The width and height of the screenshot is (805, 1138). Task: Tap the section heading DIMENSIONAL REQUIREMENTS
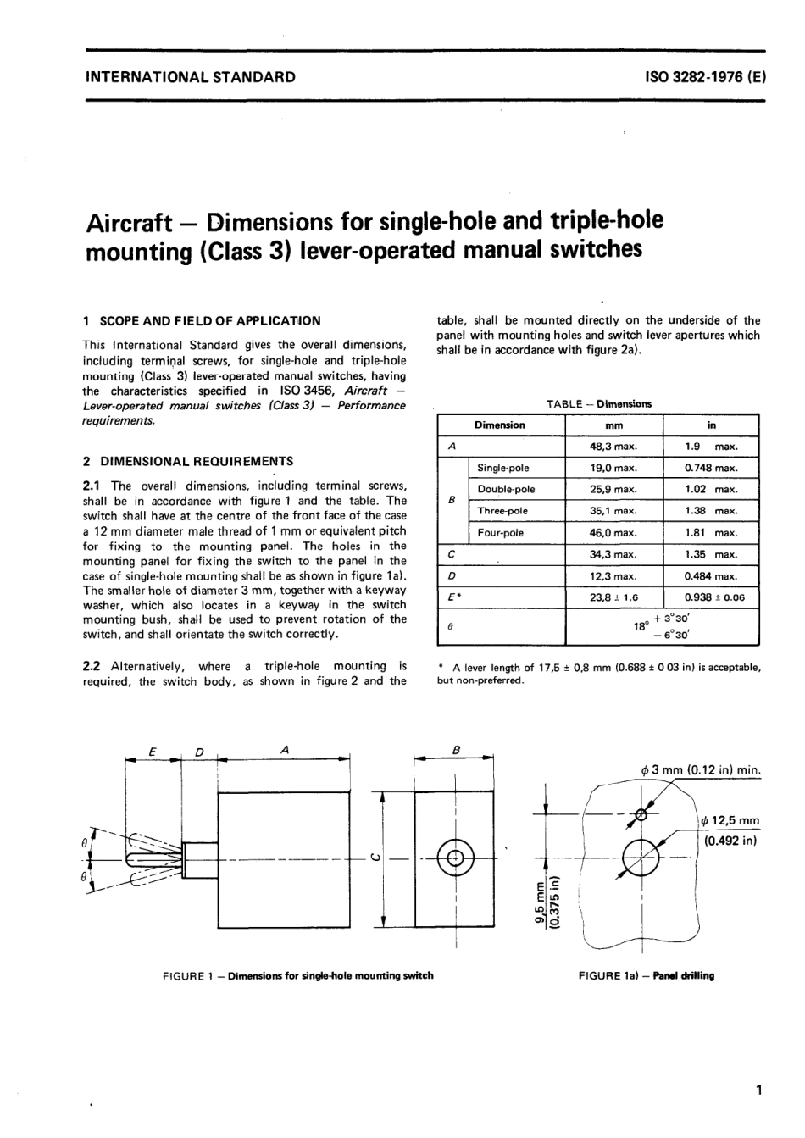(x=197, y=462)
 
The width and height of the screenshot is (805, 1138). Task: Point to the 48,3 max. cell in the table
(x=613, y=446)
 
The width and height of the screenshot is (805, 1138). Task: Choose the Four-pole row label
(x=501, y=533)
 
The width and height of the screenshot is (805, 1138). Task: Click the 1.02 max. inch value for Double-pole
(x=711, y=489)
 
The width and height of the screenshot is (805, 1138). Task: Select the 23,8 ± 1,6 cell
(x=613, y=597)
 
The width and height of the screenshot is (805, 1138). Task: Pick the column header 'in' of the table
(x=711, y=425)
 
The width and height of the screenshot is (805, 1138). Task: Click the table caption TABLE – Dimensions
(x=598, y=404)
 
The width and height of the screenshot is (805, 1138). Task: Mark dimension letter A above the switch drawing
(x=285, y=750)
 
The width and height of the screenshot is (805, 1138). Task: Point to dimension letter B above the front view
(x=457, y=750)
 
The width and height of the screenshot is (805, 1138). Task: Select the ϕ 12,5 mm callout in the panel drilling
(x=730, y=821)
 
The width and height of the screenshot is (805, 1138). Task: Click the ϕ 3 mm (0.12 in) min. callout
(x=702, y=770)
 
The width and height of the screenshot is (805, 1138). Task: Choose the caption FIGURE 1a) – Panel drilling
(x=646, y=975)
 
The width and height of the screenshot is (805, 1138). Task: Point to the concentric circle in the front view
(x=456, y=858)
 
